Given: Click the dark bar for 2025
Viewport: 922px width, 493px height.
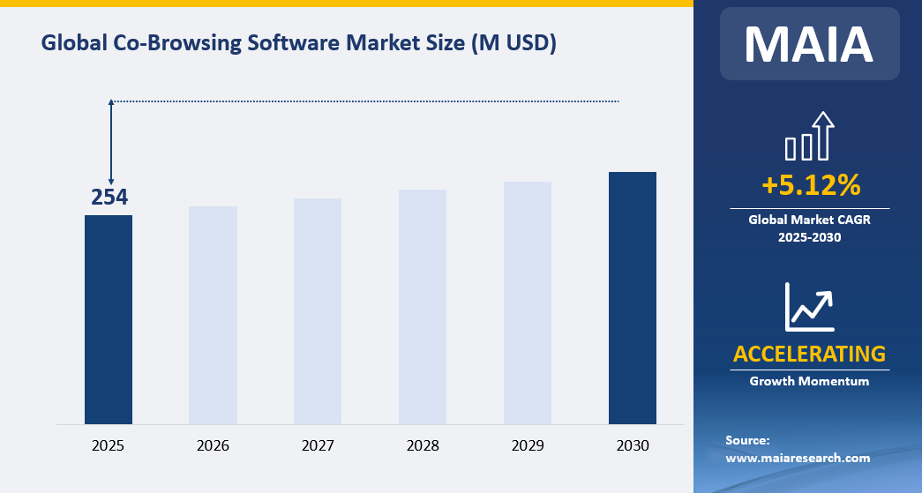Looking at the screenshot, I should pyautogui.click(x=109, y=319).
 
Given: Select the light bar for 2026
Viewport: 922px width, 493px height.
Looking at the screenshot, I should pyautogui.click(x=213, y=315).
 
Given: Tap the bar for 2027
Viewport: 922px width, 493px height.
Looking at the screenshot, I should pyautogui.click(x=318, y=310).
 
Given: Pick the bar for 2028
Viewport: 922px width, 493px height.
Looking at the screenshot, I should pyautogui.click(x=423, y=306).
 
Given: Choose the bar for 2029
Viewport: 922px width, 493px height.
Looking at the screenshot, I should pyautogui.click(x=528, y=303).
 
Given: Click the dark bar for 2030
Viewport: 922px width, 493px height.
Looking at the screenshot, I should pyautogui.click(x=633, y=297).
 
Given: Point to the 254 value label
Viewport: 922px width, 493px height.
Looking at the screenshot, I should pyautogui.click(x=110, y=198).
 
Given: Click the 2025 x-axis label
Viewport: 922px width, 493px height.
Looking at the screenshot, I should pyautogui.click(x=109, y=445).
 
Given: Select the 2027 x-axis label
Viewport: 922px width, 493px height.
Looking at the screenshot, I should pyautogui.click(x=318, y=445).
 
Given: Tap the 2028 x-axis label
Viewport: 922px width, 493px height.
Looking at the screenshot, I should pyautogui.click(x=423, y=445).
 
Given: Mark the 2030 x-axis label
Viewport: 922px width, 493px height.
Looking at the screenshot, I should pyautogui.click(x=633, y=445).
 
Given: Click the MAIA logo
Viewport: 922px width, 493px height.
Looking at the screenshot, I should pyautogui.click(x=809, y=45).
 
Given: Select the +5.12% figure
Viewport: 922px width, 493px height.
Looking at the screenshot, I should pyautogui.click(x=810, y=185).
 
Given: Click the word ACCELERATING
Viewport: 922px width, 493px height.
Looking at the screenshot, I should pyautogui.click(x=809, y=354).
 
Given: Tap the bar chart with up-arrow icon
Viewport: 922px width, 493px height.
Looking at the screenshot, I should pyautogui.click(x=809, y=137).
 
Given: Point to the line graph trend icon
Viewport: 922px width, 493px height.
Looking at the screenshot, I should pyautogui.click(x=809, y=305).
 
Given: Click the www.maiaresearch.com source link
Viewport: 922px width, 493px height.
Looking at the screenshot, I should pyautogui.click(x=798, y=458).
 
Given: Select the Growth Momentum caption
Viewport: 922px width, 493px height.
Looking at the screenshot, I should pyautogui.click(x=809, y=381).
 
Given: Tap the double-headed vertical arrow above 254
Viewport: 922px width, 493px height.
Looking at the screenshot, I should pyautogui.click(x=111, y=141).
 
